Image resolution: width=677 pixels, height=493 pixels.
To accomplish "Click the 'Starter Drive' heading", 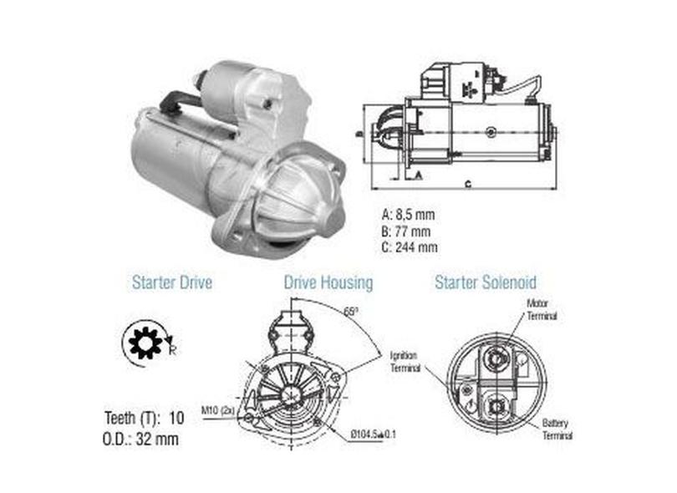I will [x=171, y=282].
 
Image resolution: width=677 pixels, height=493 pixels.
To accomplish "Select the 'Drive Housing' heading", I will [x=328, y=282].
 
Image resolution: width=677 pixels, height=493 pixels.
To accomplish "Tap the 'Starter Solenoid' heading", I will [x=486, y=282].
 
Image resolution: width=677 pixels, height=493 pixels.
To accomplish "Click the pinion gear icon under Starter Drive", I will [x=143, y=343].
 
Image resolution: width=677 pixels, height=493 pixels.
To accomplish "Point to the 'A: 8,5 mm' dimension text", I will [x=409, y=215].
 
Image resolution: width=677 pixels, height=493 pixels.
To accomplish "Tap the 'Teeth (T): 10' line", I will [x=145, y=417].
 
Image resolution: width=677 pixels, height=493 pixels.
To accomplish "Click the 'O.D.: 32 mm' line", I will [x=141, y=437].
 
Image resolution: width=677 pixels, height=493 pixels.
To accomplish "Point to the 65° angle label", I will [x=349, y=311].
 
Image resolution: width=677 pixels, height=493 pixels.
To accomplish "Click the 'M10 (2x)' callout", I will [x=217, y=410].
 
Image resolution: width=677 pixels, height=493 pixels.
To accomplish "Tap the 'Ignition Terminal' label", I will [x=407, y=360].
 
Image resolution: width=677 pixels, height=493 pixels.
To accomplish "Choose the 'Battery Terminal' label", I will [x=557, y=429].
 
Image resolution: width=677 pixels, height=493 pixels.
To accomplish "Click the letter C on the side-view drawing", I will [x=470, y=183].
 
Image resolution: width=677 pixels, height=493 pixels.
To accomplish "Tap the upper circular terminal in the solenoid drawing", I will [x=494, y=357].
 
